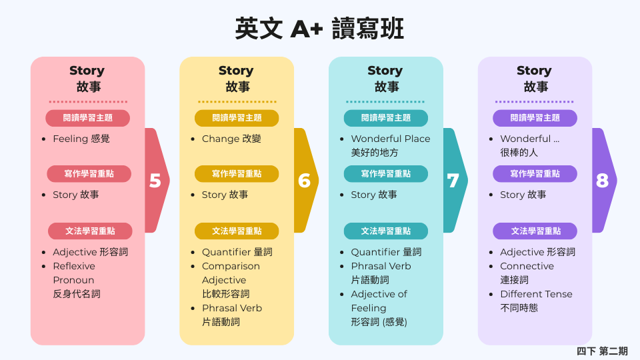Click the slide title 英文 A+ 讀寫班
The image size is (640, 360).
pos(320,29)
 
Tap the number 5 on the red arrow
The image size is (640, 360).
pos(155,181)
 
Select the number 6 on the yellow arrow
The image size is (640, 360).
pos(305,181)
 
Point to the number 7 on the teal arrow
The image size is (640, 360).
pos(453,181)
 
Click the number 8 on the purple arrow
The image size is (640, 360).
pos(602,181)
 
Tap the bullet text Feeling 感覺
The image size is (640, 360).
pos(81,139)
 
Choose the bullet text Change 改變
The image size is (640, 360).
pos(231,139)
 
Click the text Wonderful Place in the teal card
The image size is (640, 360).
pos(391,139)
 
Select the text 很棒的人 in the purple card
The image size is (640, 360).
pos(519,153)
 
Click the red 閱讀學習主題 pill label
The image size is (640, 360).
pos(87,118)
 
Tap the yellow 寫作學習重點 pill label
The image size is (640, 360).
pos(237,174)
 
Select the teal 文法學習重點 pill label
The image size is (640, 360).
pos(386,231)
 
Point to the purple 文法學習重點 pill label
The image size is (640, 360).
pos(535,231)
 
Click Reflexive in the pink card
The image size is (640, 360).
pos(74,266)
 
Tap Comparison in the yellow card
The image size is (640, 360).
pos(231,266)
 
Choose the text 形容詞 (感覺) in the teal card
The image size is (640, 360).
pos(379,322)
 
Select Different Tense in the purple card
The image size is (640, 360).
pos(536,294)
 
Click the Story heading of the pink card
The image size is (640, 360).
pos(87,71)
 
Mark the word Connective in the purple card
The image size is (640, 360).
pos(527,266)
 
